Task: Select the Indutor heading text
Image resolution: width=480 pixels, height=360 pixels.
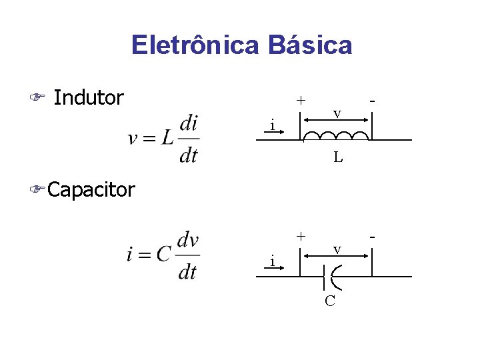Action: point(89,98)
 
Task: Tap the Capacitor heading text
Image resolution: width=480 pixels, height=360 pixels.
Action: point(91,190)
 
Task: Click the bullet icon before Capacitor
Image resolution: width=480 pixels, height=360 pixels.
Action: point(37,191)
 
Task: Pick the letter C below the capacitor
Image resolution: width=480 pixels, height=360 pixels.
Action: point(330,301)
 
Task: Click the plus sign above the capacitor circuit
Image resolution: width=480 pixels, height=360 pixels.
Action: point(301,236)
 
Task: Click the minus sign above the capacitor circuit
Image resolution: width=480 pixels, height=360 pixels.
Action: point(372,236)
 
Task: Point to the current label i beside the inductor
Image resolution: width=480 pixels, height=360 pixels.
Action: point(272,125)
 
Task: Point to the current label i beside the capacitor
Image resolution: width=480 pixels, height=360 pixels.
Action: point(272,261)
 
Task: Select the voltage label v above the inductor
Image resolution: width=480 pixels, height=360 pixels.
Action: point(337,114)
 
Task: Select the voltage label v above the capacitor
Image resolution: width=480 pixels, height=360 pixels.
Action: point(337,249)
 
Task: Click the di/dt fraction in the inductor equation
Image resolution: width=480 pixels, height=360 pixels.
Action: point(189,139)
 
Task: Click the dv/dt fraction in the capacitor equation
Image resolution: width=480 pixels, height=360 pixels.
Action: point(189,255)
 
